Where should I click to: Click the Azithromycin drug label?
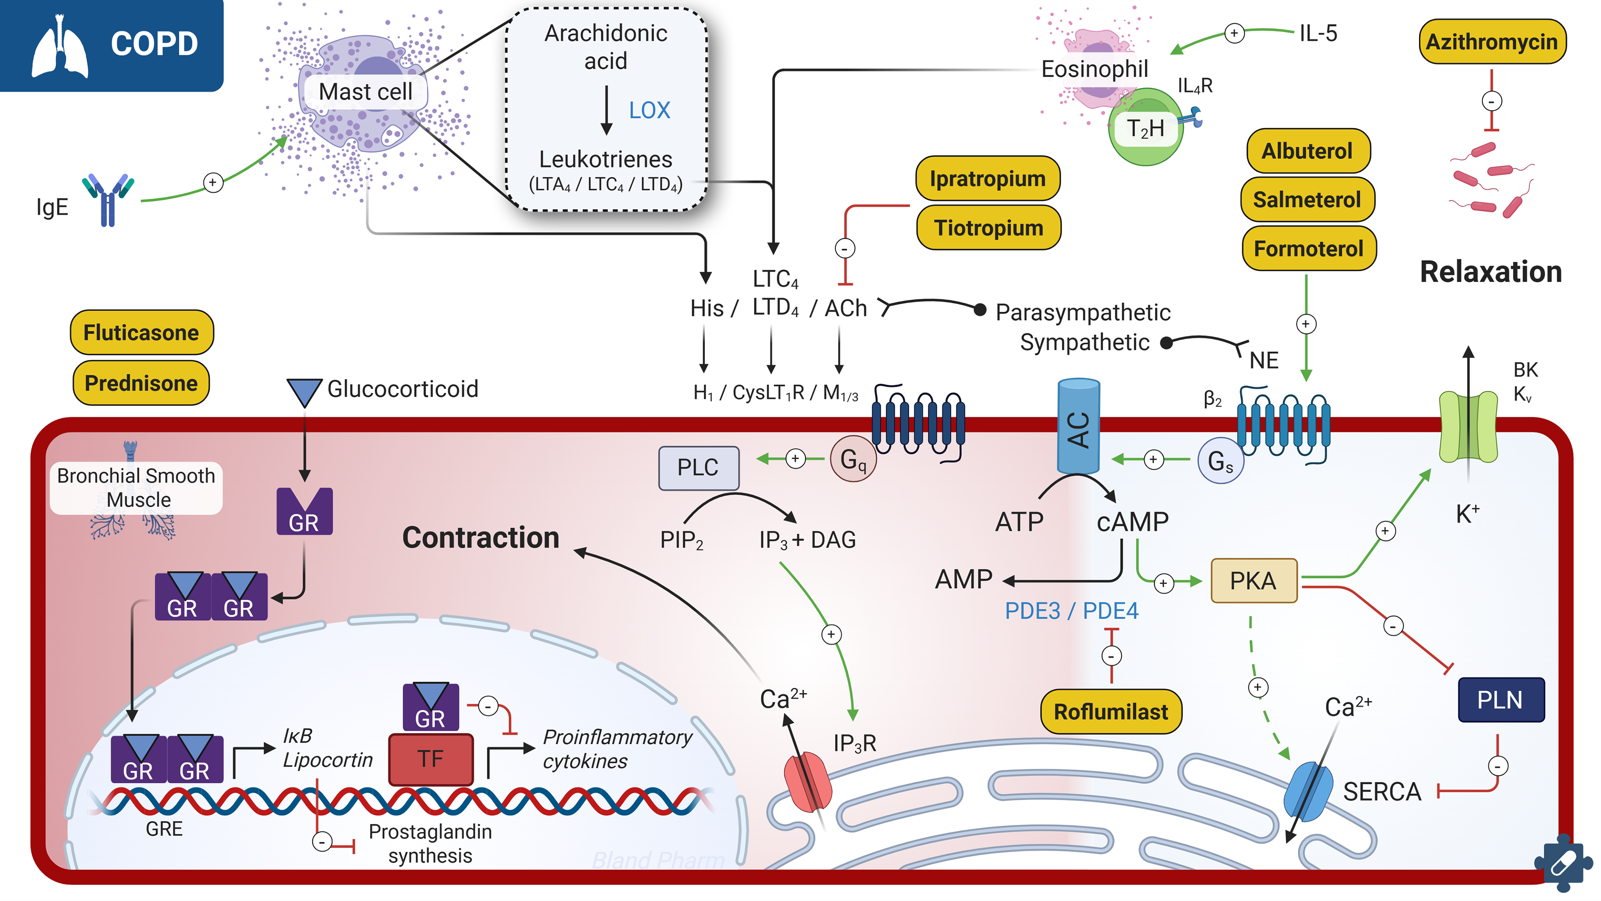[x=1492, y=42]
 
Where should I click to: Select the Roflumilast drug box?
[x=1111, y=711]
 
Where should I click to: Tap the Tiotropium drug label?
[x=988, y=228]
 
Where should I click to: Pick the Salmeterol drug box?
[x=1307, y=200]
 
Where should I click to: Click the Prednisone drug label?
[x=141, y=383]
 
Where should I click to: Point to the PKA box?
[x=1253, y=581]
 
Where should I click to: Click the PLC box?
[x=698, y=467]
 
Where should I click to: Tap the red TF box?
[x=430, y=759]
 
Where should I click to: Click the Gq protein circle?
[x=853, y=460]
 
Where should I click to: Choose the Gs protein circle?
[x=1220, y=461]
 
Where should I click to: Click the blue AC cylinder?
[x=1078, y=428]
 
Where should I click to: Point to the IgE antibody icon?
[x=108, y=199]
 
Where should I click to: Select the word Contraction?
[x=480, y=538]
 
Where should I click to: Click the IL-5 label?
[x=1317, y=33]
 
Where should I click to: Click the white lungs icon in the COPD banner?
[x=60, y=47]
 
